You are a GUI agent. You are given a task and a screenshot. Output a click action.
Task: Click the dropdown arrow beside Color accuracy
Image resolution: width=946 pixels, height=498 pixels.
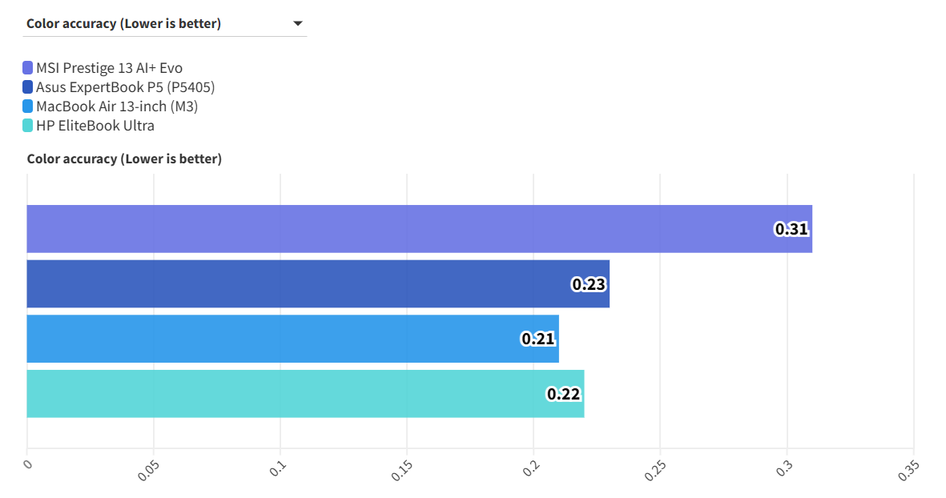[298, 24]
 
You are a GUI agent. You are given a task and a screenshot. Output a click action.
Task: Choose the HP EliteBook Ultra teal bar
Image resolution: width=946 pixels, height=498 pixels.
[305, 393]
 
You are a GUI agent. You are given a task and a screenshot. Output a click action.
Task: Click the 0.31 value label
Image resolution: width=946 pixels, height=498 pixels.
[791, 229]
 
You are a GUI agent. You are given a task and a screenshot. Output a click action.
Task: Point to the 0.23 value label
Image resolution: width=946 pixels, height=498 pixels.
[589, 283]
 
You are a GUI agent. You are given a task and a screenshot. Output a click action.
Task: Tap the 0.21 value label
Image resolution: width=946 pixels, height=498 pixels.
[538, 339]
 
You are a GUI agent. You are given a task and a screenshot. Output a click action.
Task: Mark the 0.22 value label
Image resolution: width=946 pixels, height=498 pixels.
[563, 393]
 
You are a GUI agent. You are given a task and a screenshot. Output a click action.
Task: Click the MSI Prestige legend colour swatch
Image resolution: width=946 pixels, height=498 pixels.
[28, 68]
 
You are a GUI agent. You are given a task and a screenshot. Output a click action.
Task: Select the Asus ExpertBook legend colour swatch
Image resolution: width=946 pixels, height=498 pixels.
[28, 87]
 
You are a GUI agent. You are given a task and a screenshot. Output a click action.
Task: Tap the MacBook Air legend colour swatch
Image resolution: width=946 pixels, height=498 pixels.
[28, 106]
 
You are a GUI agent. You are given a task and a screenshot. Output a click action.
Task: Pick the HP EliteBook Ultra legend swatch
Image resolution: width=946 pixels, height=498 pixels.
[28, 126]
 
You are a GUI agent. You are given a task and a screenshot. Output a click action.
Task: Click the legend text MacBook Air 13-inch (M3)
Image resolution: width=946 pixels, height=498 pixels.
[117, 106]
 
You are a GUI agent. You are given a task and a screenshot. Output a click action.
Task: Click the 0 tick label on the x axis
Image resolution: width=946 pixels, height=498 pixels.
[27, 464]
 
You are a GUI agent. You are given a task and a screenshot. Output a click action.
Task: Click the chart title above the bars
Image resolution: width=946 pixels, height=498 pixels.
[124, 159]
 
